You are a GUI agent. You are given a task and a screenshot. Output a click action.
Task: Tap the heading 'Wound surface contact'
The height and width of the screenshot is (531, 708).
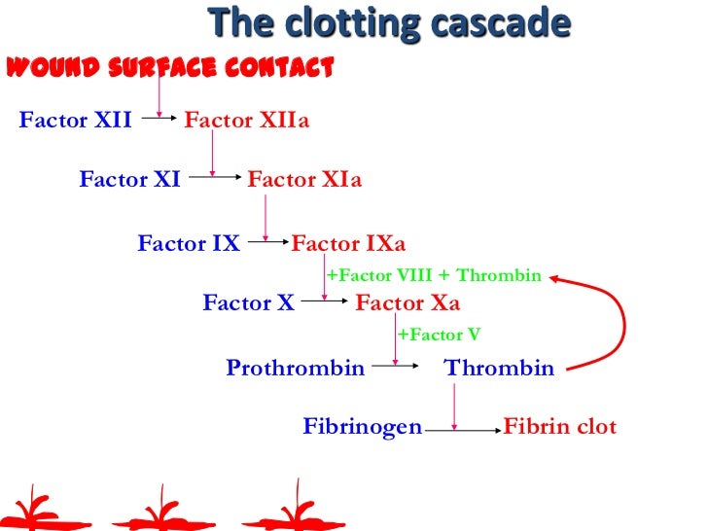pos(170,68)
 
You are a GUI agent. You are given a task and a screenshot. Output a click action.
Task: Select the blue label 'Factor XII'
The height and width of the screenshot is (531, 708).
pos(75,122)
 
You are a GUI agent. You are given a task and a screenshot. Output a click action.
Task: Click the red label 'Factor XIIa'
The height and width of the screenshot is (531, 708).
pos(246,122)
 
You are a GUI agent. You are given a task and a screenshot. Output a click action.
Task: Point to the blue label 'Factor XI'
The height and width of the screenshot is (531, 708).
pos(129,180)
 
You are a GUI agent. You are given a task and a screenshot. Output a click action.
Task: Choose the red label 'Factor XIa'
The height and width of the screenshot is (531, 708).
pos(304,180)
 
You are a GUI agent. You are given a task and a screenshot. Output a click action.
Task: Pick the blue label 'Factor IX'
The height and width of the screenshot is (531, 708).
pos(188,243)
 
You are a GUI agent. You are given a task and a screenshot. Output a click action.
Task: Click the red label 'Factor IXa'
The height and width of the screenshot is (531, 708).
pos(348,243)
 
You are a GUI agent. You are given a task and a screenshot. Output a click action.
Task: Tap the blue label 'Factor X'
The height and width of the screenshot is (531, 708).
pos(248,302)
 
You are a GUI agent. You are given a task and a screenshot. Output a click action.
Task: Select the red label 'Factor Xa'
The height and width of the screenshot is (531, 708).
pos(407,302)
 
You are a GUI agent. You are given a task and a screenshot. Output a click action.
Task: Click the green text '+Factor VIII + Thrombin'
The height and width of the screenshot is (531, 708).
pos(433,275)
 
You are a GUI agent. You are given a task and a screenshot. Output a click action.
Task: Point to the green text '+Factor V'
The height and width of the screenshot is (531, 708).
pos(439,335)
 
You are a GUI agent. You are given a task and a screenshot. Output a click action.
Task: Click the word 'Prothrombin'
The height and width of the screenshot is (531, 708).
pos(295,368)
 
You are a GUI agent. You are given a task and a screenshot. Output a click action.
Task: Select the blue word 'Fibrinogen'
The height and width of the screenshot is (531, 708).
pos(363,427)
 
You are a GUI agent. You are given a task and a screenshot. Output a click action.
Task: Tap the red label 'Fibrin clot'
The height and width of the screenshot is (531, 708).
pos(559,427)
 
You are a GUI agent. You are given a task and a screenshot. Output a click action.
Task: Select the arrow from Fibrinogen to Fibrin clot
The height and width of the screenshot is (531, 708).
pos(462,429)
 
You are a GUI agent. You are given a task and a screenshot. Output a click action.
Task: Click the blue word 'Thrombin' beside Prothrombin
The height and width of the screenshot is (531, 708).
pos(499,368)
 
